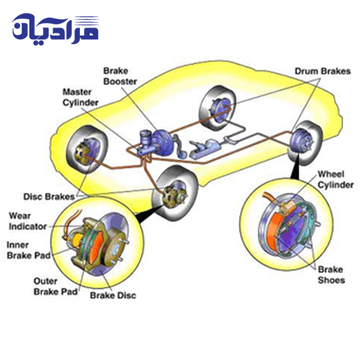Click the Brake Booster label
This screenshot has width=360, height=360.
[x=120, y=76]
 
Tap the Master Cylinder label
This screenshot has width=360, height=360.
[x=80, y=97]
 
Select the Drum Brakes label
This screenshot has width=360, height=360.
[x=322, y=71]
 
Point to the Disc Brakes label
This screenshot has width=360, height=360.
[x=47, y=196]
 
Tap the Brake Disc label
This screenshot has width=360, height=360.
[x=113, y=296]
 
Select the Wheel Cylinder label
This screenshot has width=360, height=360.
[x=335, y=179]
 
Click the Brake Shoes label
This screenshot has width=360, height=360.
[x=331, y=275]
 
